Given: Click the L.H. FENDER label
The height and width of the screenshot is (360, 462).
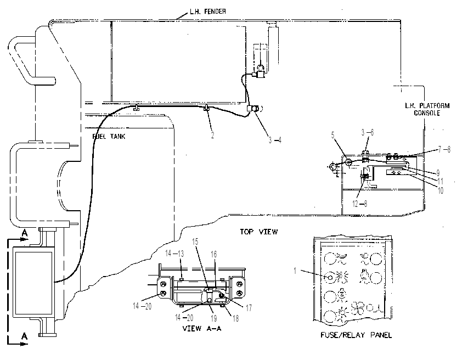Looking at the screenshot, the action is click(207, 12).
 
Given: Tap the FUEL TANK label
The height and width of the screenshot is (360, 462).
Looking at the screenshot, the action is click(109, 137).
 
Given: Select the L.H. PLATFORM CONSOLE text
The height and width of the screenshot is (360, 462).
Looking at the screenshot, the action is click(427, 109).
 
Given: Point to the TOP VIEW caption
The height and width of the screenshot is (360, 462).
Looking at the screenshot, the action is click(258, 232).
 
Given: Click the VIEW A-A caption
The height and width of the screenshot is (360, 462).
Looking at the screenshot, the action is click(202, 328).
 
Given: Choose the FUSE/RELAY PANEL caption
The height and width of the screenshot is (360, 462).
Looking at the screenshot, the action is click(356, 335).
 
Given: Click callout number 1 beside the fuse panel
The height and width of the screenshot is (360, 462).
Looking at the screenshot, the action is click(295, 271).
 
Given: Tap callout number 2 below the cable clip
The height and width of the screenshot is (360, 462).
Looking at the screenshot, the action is click(212, 135).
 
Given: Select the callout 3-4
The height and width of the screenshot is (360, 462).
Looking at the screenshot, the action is click(274, 140).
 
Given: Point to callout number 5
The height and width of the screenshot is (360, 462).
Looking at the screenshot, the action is click(333, 135).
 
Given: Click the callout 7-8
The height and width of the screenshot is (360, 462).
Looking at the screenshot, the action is click(444, 150).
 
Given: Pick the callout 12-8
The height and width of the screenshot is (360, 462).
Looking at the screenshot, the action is click(360, 204).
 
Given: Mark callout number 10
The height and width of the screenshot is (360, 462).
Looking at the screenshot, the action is click(441, 190).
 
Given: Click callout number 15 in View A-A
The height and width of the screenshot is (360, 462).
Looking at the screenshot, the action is click(195, 241).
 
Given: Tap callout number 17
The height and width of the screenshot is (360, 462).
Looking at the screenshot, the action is click(249, 308).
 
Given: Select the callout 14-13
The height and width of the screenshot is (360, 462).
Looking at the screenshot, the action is click(174, 254).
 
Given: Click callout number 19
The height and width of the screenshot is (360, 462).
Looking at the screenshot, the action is click(213, 318).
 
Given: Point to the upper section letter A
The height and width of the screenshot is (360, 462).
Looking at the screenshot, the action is click(25, 234).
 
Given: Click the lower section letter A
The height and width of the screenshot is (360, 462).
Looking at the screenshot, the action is click(25, 336).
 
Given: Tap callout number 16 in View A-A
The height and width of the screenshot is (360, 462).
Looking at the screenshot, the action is click(213, 254).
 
